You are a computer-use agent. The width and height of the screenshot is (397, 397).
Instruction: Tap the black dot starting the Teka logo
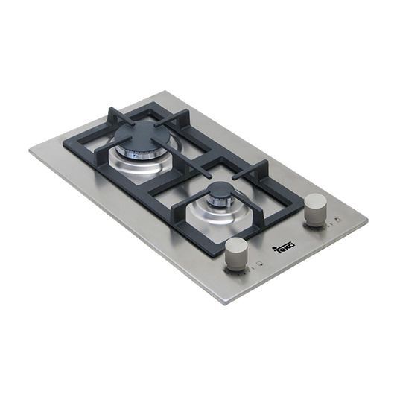point(273,247)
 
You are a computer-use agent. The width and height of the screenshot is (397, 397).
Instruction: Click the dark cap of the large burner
point(142,134)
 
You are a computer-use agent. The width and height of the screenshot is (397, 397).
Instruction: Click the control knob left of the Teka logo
point(236,254)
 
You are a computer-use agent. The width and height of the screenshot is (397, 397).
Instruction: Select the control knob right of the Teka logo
point(316,209)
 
